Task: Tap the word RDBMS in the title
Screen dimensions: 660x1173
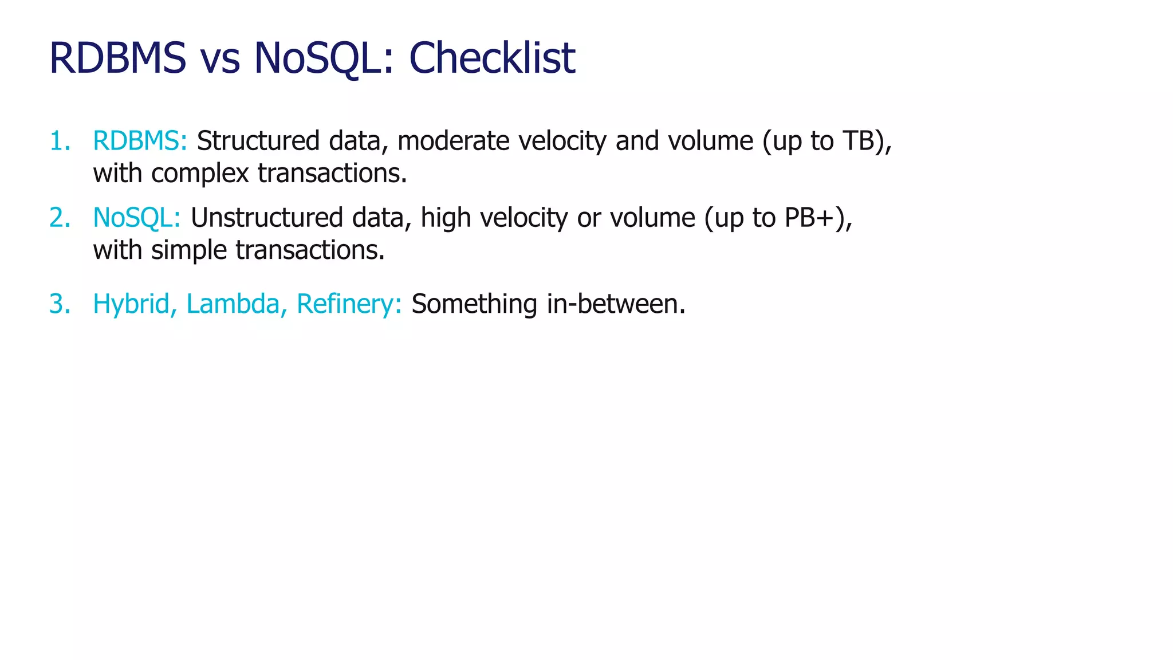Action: pos(118,58)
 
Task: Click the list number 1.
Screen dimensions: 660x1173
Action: pos(59,141)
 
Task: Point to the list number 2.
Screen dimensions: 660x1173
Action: pos(59,218)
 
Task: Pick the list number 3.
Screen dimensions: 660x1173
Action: pos(59,304)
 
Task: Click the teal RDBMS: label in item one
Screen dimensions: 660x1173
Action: pos(140,141)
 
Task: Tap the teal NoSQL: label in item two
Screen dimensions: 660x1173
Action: pos(136,218)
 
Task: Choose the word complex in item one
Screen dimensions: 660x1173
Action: pos(200,174)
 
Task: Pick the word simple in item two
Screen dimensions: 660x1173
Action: pos(189,250)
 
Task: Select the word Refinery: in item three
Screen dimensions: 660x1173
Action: pos(349,304)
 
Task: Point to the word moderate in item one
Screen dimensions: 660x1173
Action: pos(453,141)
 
